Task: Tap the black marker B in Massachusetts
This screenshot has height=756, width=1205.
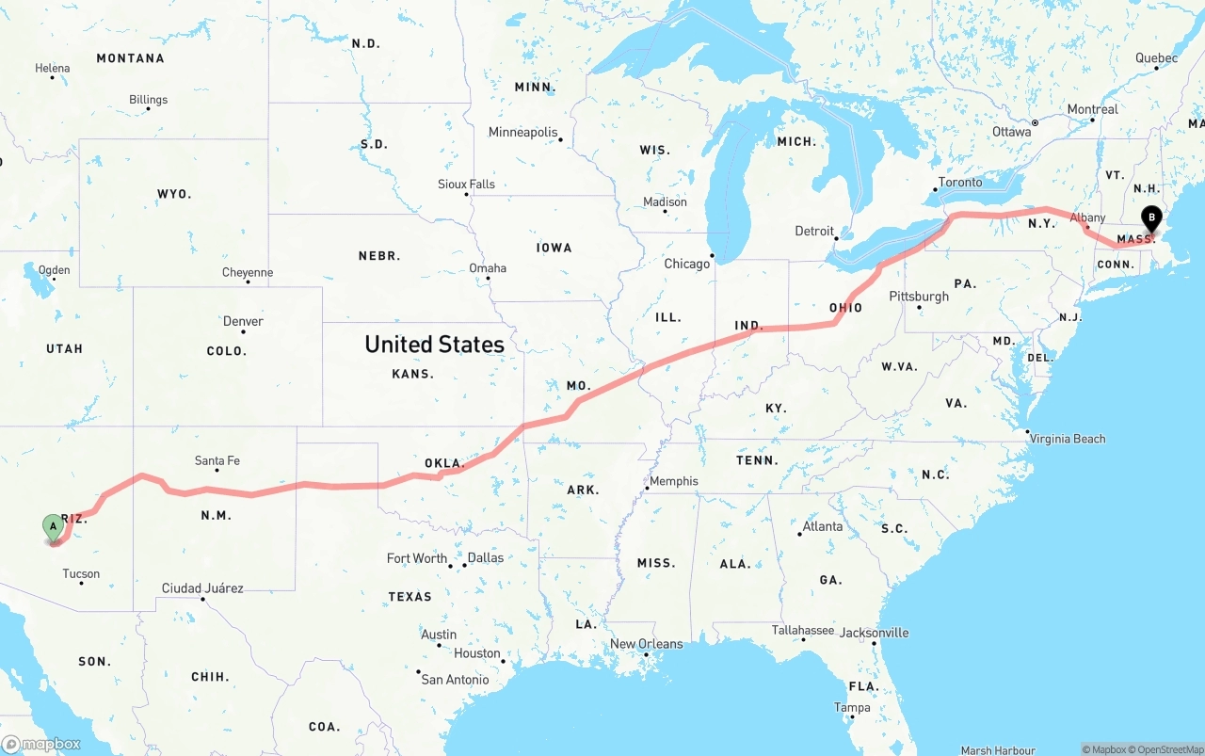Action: (x=1150, y=218)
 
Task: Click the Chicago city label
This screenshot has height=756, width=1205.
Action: (x=687, y=264)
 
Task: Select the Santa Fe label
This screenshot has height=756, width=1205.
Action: (x=217, y=460)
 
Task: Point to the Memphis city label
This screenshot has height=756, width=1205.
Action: (x=674, y=481)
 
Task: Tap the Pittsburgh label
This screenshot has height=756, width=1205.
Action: (x=919, y=297)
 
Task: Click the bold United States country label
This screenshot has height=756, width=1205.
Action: (x=434, y=345)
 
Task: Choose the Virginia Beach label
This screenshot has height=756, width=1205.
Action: (x=1068, y=439)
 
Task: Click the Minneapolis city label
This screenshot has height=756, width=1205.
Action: (x=522, y=133)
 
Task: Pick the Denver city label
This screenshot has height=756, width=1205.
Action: (x=243, y=321)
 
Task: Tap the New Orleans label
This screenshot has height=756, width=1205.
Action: (x=647, y=644)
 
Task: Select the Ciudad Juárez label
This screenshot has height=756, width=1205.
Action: (x=202, y=588)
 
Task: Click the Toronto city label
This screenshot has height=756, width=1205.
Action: (x=960, y=182)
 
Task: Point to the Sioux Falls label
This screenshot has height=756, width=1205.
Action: (x=466, y=185)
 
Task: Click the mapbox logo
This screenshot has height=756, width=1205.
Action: (x=41, y=744)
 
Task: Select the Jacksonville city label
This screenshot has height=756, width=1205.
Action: (x=875, y=633)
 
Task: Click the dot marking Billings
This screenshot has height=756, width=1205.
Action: (x=148, y=109)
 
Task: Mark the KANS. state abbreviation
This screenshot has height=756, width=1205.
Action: (x=412, y=374)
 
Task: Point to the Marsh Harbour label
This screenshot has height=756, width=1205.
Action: (x=998, y=750)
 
